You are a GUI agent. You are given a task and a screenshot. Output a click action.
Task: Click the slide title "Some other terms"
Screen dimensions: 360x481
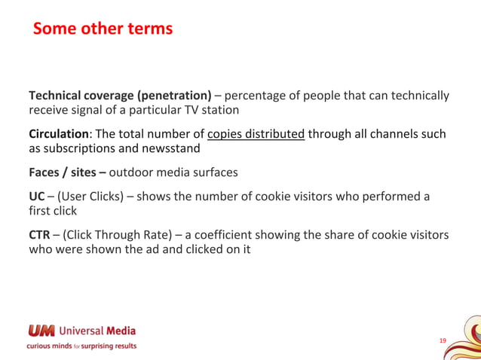pos(103,29)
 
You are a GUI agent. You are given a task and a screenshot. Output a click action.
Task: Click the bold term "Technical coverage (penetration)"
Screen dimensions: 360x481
pos(120,96)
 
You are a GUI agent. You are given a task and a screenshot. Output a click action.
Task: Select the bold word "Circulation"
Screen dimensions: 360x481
pos(61,134)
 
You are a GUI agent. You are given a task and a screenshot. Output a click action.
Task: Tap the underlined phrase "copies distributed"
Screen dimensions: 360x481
pos(256,134)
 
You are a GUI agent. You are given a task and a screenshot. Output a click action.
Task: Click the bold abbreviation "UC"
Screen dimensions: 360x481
pos(36,197)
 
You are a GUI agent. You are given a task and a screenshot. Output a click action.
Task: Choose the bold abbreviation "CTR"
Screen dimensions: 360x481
pos(39,235)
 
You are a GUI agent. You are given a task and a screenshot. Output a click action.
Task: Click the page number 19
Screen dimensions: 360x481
pos(443,341)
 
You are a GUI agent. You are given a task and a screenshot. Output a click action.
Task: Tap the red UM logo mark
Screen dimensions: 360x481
pos(41,331)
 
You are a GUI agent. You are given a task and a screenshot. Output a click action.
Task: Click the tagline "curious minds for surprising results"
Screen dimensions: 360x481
pos(82,346)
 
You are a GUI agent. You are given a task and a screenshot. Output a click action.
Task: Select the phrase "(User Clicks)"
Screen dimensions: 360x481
pos(90,197)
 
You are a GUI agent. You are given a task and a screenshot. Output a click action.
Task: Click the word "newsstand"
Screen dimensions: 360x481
pos(171,148)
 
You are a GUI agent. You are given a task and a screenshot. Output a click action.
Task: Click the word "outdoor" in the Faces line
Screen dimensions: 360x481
pos(132,172)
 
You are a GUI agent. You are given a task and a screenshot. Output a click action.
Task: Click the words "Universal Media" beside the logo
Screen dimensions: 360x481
pos(97,331)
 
